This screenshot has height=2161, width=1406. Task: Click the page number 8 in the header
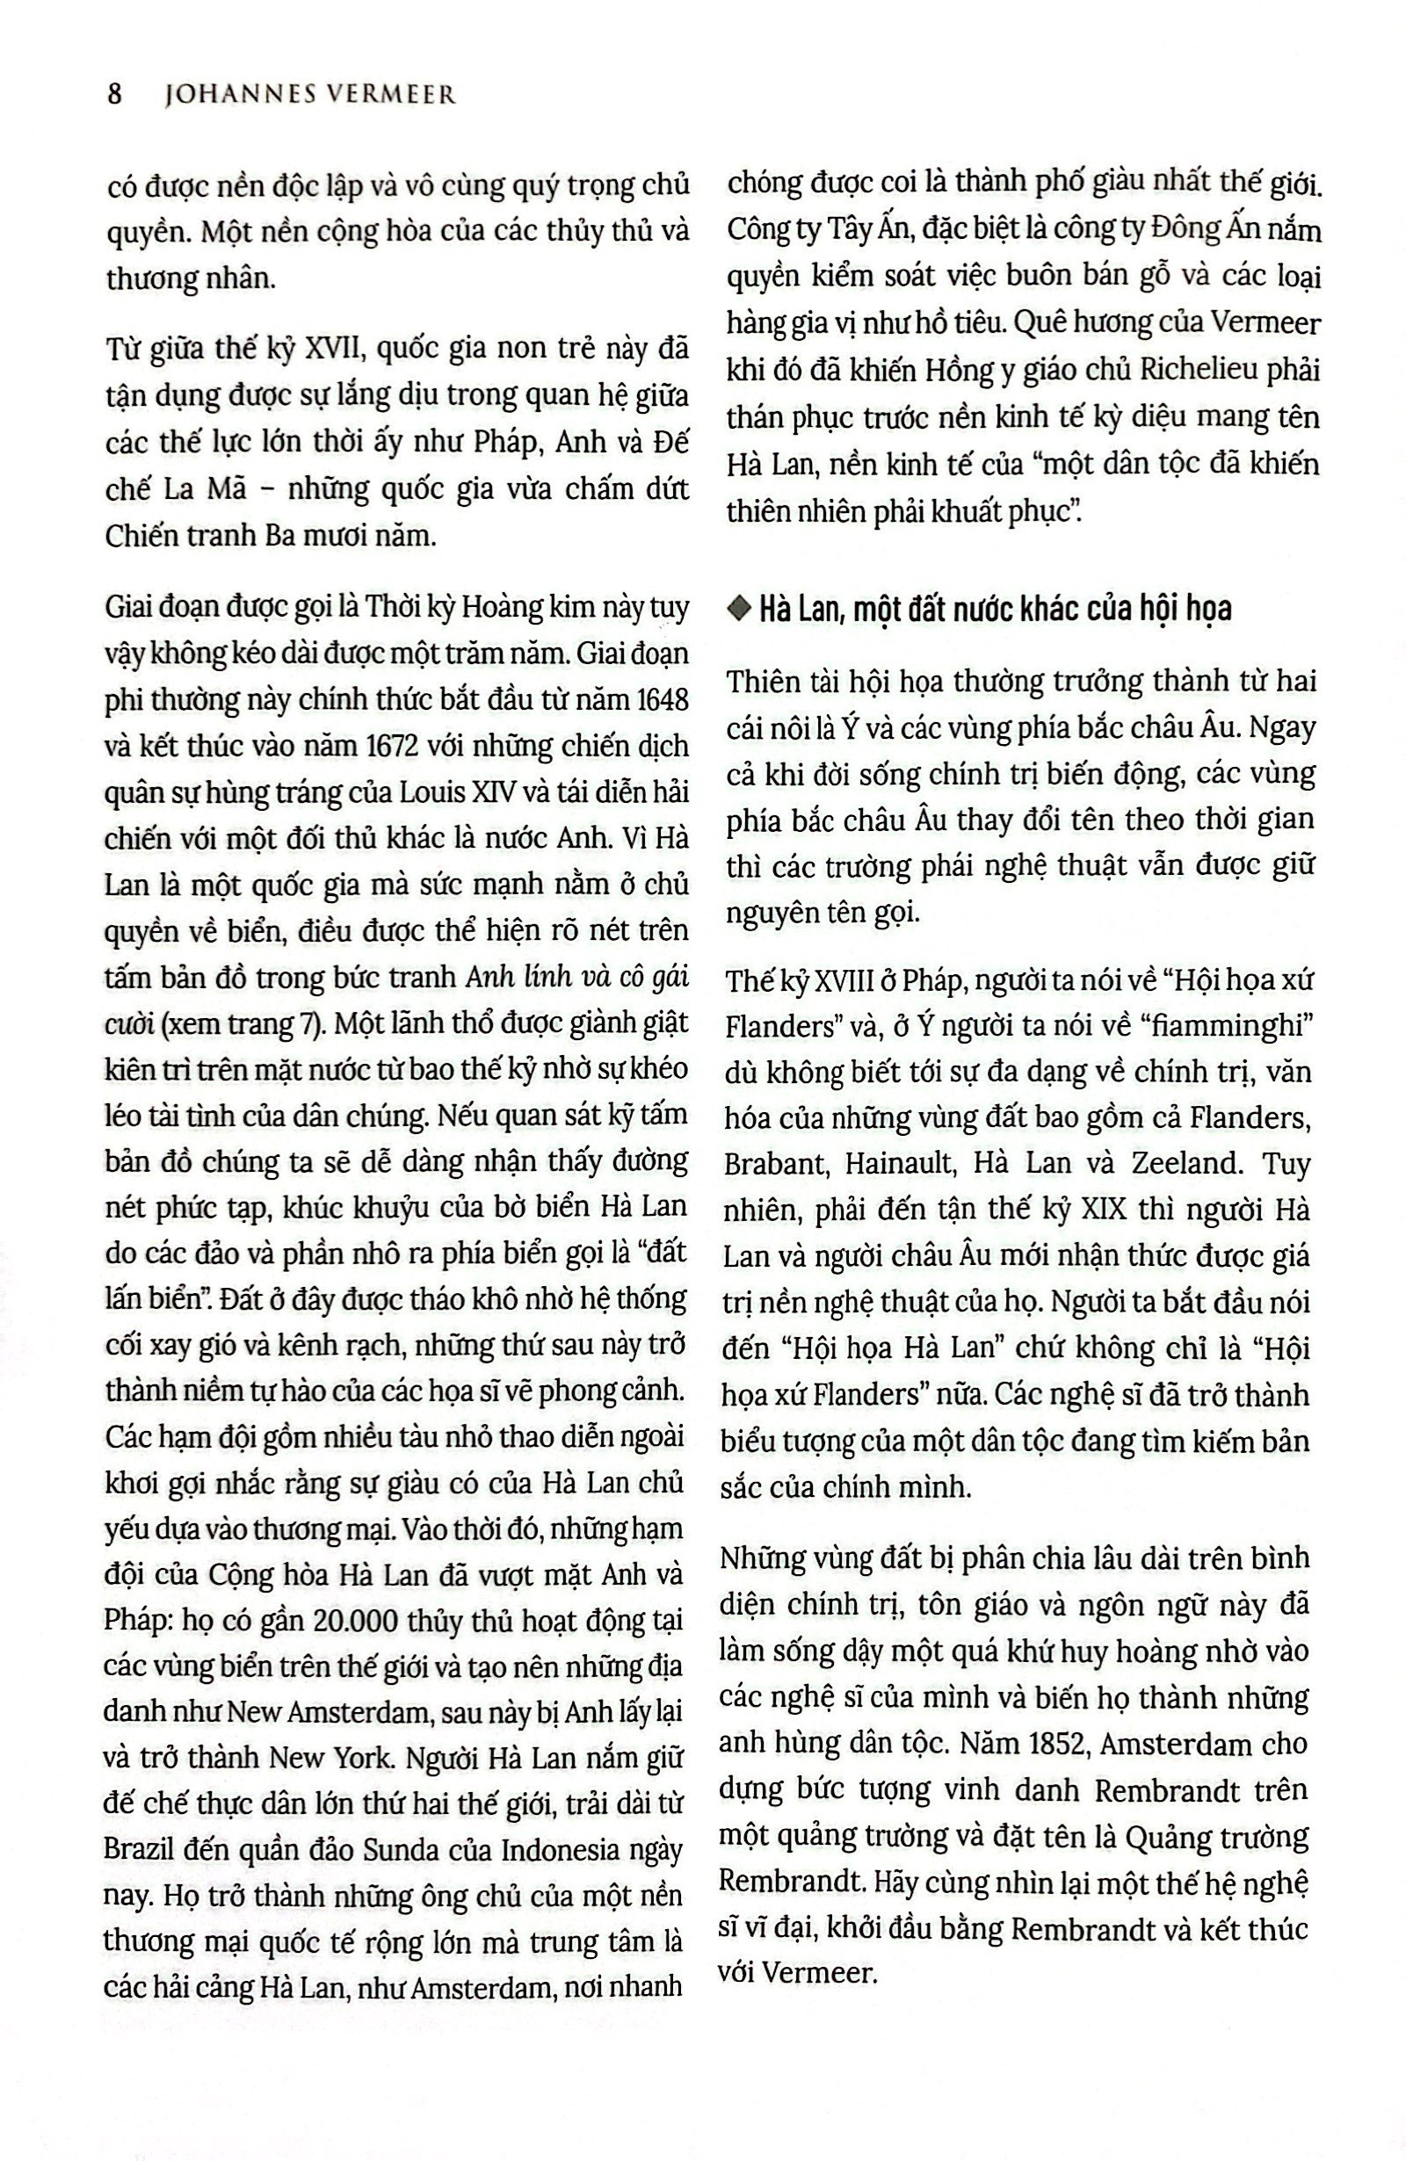point(114,93)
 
